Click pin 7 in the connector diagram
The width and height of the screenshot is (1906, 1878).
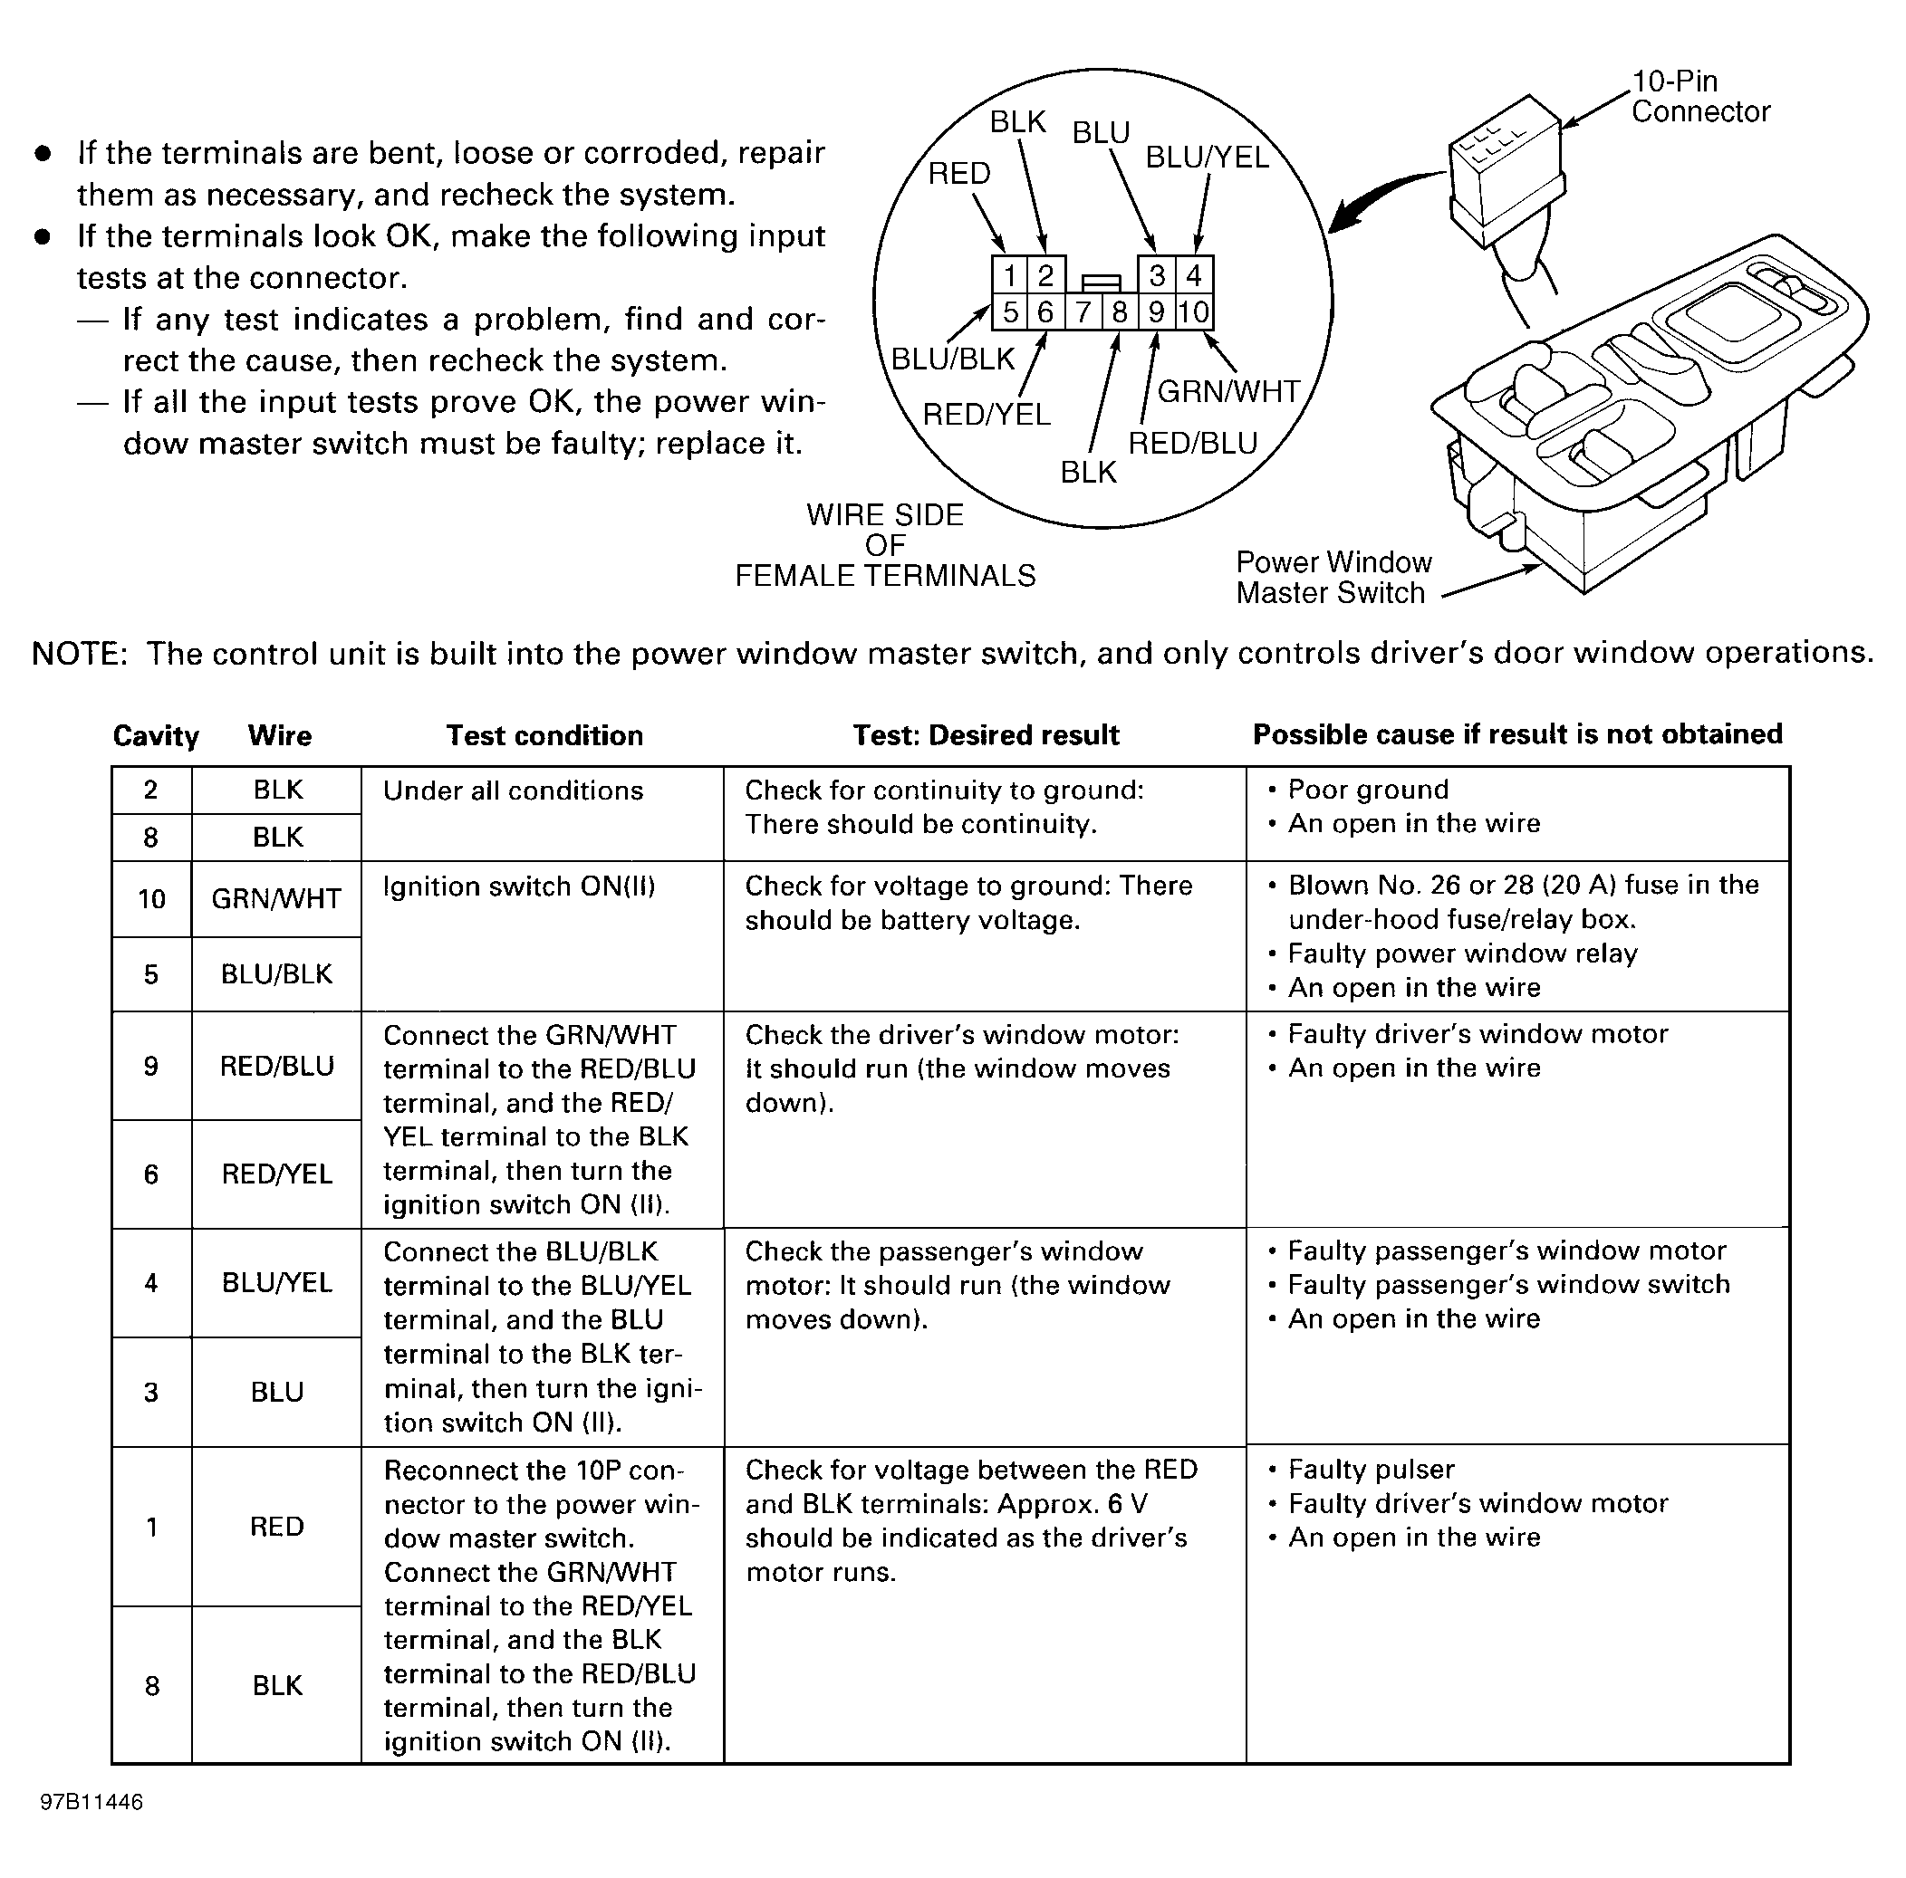pyautogui.click(x=1083, y=312)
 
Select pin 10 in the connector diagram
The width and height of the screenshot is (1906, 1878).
pyautogui.click(x=1194, y=312)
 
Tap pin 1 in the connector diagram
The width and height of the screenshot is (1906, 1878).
pyautogui.click(x=1010, y=275)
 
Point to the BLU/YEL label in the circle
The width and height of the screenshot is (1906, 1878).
pyautogui.click(x=1207, y=158)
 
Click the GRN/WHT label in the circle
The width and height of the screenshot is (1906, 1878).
pyautogui.click(x=1228, y=391)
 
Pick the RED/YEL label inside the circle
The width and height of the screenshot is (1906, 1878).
pyautogui.click(x=986, y=415)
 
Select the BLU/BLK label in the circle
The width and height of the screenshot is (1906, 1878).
pyautogui.click(x=952, y=359)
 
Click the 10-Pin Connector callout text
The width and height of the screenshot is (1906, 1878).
pyautogui.click(x=1699, y=97)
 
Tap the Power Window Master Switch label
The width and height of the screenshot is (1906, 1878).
pyautogui.click(x=1332, y=577)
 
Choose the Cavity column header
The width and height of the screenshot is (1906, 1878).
pyautogui.click(x=156, y=736)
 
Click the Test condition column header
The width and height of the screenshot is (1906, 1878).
pyautogui.click(x=544, y=736)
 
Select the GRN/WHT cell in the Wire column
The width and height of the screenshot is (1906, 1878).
pyautogui.click(x=276, y=898)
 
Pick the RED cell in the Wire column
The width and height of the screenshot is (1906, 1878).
pyautogui.click(x=276, y=1527)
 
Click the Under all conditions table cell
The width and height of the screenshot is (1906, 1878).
pyautogui.click(x=513, y=791)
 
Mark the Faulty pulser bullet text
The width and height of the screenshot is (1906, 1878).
pyautogui.click(x=1371, y=1470)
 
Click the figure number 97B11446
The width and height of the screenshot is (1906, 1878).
pyautogui.click(x=91, y=1802)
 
